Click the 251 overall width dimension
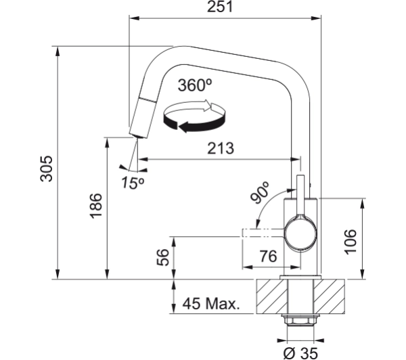220,7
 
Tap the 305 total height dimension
47,168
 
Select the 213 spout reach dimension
221,148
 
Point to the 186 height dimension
96,206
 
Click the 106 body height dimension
350,242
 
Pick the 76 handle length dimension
268,256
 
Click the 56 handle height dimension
162,257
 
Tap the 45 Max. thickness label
211,304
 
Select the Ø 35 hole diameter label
300,353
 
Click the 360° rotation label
195,85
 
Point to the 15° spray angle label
133,183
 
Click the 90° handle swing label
260,192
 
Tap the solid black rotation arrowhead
184,127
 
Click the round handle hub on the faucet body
300,235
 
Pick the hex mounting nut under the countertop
300,321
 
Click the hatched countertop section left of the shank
272,296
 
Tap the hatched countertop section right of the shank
329,296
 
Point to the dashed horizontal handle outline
263,233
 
